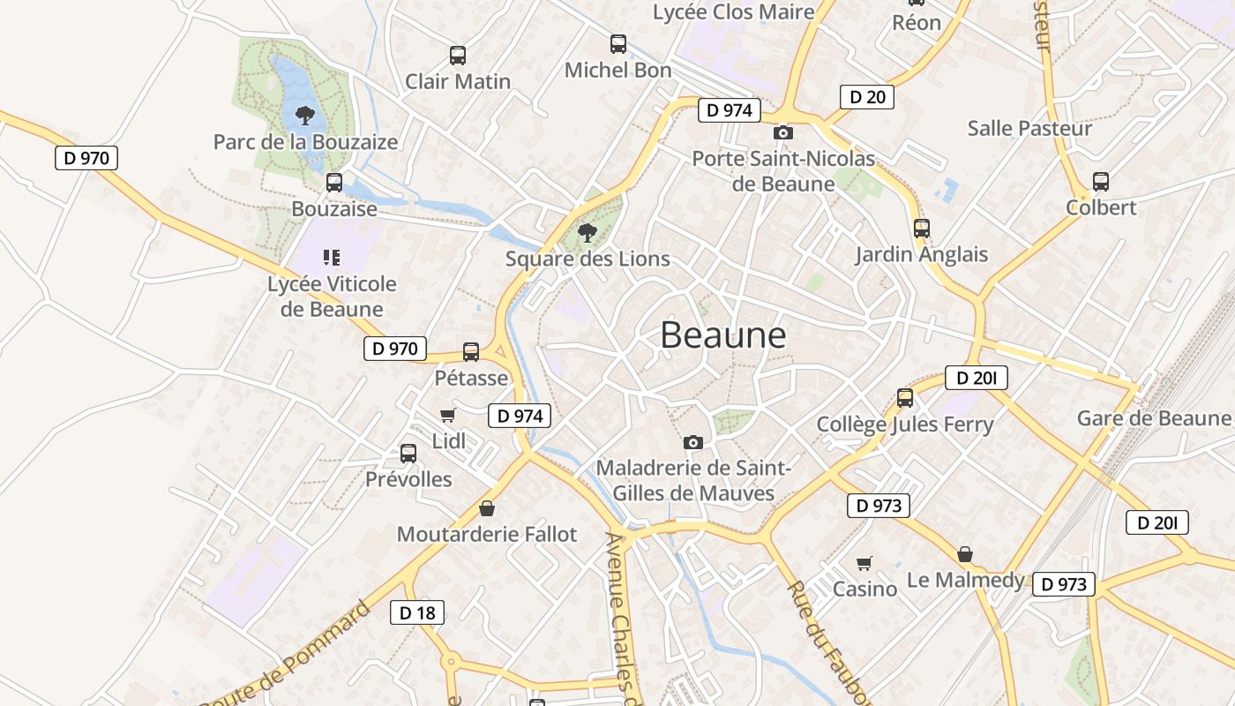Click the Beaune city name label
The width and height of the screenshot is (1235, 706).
pos(722,335)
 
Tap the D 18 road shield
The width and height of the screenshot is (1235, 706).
pos(416,612)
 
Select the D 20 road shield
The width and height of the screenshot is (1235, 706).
pos(866,97)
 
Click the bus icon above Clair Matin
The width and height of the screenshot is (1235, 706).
pos(457,56)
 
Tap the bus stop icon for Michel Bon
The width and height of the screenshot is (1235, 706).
pos(618,44)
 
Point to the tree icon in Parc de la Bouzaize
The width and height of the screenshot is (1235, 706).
pos(305,115)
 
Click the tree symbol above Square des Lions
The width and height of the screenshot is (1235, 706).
pos(587,233)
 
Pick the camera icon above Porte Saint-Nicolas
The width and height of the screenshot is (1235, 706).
pos(782,132)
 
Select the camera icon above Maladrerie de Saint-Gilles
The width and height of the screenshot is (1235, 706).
pos(693,442)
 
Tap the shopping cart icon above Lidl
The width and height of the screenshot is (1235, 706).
pos(447,416)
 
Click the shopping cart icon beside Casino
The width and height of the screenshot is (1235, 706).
pos(864,563)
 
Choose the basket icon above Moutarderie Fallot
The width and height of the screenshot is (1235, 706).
pos(486,508)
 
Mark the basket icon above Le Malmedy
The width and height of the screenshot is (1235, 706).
pos(965,554)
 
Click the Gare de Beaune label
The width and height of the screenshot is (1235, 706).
pos(1153,417)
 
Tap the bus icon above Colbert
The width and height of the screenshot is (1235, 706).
pos(1101,182)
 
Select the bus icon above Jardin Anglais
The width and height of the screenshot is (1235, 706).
pos(922,229)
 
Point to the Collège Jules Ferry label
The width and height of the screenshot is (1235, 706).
pos(905,424)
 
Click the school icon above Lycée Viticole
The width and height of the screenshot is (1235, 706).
pos(332,258)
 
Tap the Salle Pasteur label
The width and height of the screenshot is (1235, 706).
pos(1029,128)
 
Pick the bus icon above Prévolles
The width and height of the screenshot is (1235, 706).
pos(408,454)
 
